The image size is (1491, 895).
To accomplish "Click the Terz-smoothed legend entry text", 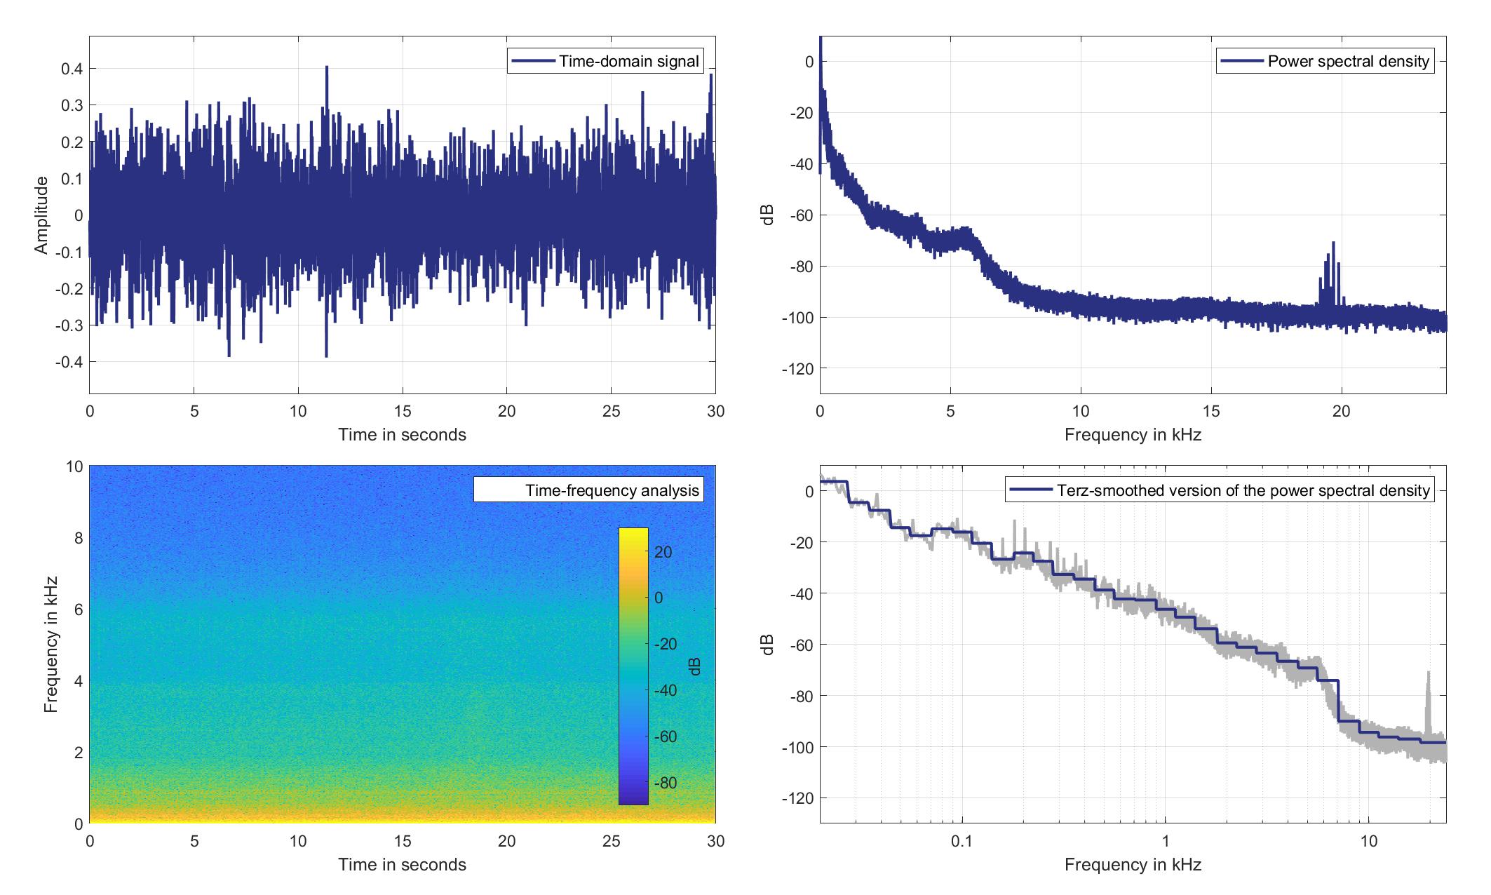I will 1242,490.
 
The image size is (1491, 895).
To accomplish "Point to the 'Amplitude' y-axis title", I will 42,215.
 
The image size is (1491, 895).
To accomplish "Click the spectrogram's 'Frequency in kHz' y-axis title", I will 50,645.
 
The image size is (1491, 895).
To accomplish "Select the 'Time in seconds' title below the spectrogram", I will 402,864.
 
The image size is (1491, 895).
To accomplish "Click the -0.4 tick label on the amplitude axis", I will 67,362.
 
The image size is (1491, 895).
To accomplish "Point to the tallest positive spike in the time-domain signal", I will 327,67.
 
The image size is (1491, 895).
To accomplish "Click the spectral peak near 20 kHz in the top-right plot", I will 1333,243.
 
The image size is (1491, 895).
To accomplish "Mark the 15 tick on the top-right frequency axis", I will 1211,411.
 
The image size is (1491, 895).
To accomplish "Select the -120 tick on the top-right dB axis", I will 797,368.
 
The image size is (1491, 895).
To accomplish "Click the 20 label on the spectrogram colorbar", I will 663,552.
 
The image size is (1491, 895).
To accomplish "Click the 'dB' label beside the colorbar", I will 695,666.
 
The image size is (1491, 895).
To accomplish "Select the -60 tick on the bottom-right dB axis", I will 801,645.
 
